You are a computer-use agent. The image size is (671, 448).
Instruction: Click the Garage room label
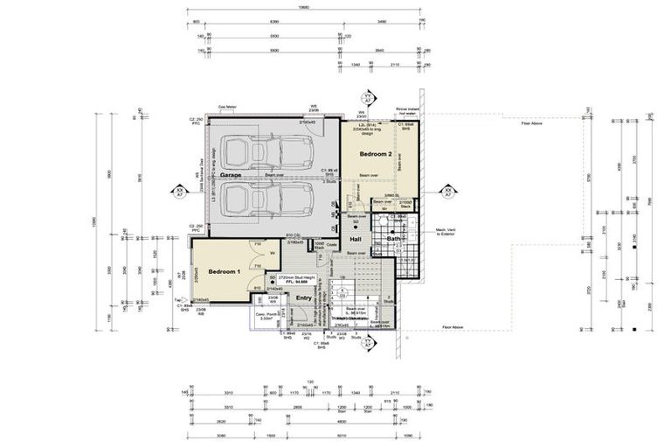coord(231,175)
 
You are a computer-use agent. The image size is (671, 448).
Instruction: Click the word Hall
coord(356,239)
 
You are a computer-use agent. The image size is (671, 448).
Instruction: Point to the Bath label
coord(393,239)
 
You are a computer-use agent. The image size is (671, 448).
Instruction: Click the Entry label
coord(303,298)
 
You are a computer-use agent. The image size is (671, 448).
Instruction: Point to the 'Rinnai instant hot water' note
coord(408,111)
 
